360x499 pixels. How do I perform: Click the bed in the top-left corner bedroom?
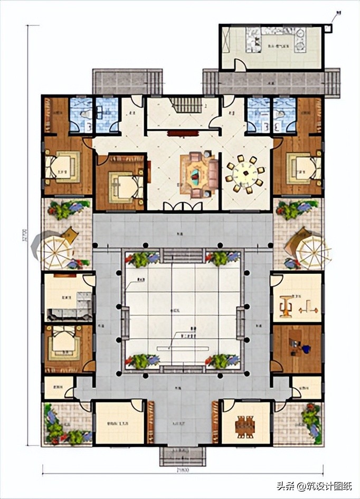63,164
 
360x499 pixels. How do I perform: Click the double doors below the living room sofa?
182,207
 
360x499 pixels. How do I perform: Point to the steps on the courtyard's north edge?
182,256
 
